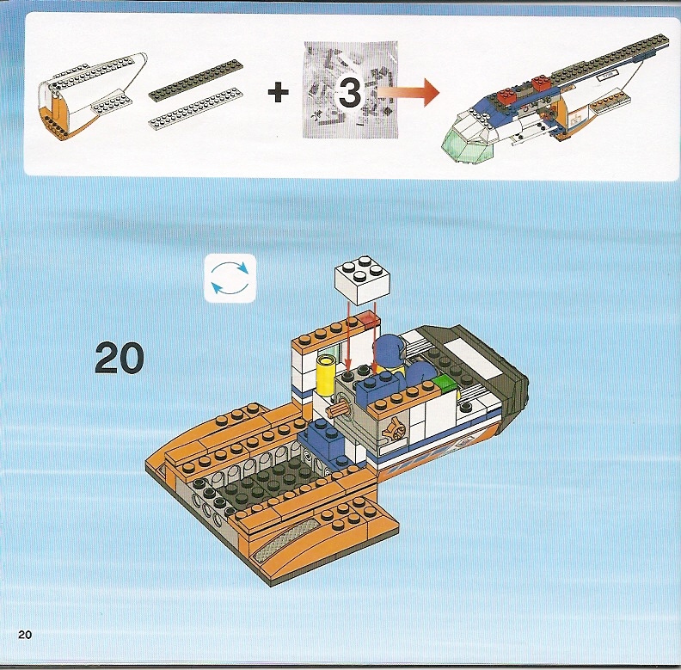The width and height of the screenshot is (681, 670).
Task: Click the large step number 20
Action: coord(119,358)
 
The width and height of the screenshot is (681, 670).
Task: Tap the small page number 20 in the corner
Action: coord(25,635)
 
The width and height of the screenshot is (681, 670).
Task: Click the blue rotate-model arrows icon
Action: coord(230,278)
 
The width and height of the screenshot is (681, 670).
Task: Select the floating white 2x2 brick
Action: coord(362,280)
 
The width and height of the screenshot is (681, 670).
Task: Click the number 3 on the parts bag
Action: coord(349,92)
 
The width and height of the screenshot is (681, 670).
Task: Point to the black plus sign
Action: coord(278,92)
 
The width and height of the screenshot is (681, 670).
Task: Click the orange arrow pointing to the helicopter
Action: coord(408,92)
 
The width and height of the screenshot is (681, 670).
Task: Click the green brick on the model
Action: coord(443,385)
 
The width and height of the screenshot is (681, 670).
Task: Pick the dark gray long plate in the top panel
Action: coord(195,80)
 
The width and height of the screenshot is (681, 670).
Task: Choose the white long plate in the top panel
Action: coord(195,109)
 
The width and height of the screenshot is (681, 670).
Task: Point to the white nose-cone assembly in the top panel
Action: coord(93,96)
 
